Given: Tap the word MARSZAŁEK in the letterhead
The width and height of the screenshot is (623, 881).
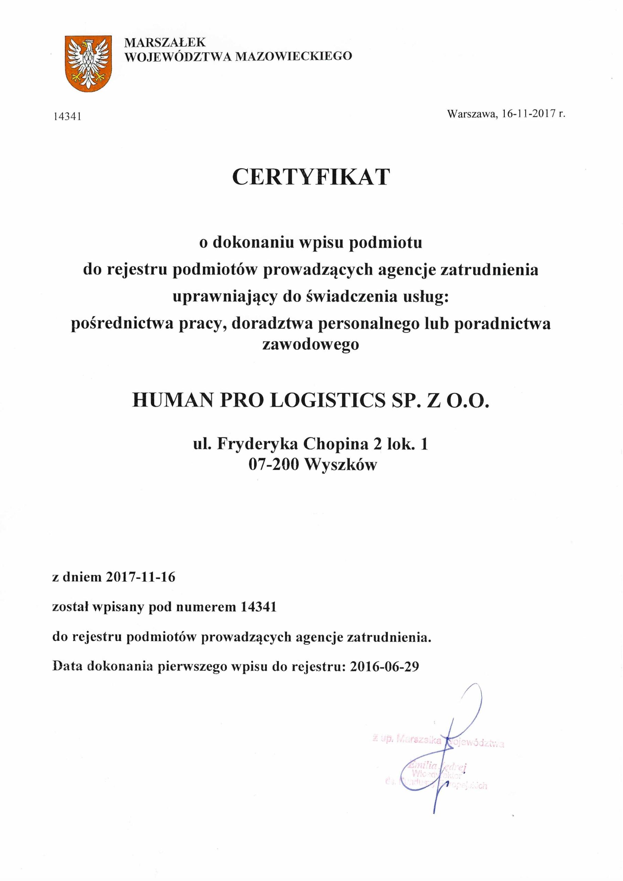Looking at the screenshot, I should point(165,42).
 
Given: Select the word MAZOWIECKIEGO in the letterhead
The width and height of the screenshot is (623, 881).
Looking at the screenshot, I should point(293,57).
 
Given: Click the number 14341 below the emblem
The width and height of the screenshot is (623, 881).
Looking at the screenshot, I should point(67,117).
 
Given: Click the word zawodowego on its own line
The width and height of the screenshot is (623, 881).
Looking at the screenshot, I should point(311,344).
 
